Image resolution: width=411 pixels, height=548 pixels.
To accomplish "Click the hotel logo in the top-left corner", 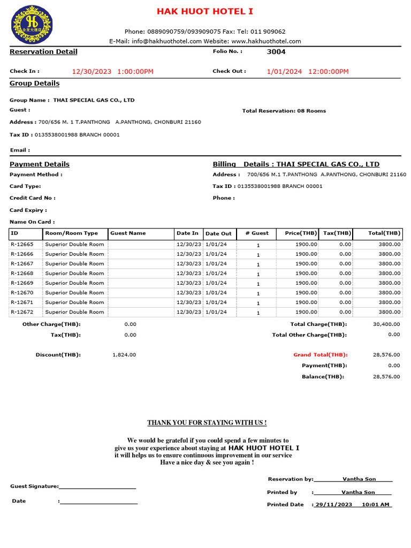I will (x=32, y=25).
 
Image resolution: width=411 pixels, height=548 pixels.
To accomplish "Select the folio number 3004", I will (x=276, y=52).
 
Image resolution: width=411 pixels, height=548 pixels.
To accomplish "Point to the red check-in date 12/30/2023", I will (x=92, y=72).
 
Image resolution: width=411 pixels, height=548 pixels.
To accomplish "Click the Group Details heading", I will (x=35, y=83).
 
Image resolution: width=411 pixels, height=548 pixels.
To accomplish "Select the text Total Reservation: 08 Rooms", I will (x=284, y=111).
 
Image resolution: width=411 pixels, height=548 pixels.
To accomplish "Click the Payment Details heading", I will (x=40, y=164).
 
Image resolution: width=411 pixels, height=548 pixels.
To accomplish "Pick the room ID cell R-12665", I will (x=22, y=245).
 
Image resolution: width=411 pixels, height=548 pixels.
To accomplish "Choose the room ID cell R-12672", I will (x=22, y=312).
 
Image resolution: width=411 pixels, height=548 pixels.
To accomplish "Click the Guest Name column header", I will (x=128, y=233).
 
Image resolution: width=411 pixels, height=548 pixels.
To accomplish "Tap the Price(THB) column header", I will (x=301, y=233).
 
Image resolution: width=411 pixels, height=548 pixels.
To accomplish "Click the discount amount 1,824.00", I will (x=124, y=355).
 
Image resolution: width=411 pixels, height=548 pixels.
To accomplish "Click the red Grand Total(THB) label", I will (x=320, y=355).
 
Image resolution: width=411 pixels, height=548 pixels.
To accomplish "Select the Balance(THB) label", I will (x=323, y=377).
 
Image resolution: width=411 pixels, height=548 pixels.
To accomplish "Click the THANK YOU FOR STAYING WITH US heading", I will (x=207, y=423).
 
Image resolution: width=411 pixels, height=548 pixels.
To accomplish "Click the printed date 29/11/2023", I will (x=333, y=505).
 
